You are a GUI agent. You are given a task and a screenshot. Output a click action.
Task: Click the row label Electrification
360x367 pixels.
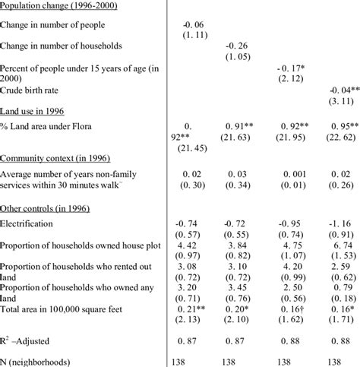[x=27, y=225]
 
